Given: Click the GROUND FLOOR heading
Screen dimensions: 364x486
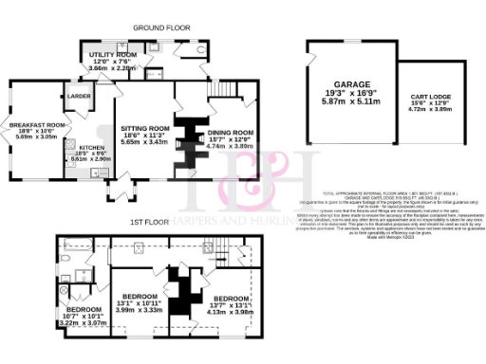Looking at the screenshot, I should [158, 28].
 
